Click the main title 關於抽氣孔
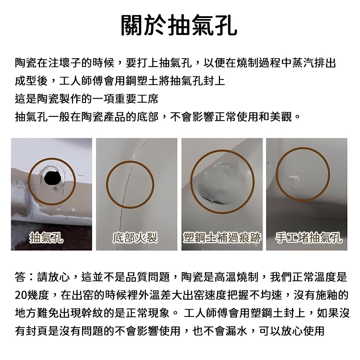[x=179, y=25]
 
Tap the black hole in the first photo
[x=53, y=178]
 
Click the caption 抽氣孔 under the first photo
[x=46, y=238]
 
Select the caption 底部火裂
[x=135, y=238]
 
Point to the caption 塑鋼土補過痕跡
[x=222, y=238]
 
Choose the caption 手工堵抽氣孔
[x=309, y=238]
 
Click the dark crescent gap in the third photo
[x=212, y=200]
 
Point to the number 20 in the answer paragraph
[x=21, y=295]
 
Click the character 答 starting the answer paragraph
[x=20, y=277]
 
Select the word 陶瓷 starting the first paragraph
[x=26, y=63]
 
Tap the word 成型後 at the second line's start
[x=31, y=81]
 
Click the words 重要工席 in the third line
[x=136, y=99]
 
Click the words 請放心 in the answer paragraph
[x=53, y=277]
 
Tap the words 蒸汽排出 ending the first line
[x=314, y=63]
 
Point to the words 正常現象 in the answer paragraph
[x=147, y=313]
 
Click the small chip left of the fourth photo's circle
[x=270, y=165]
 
